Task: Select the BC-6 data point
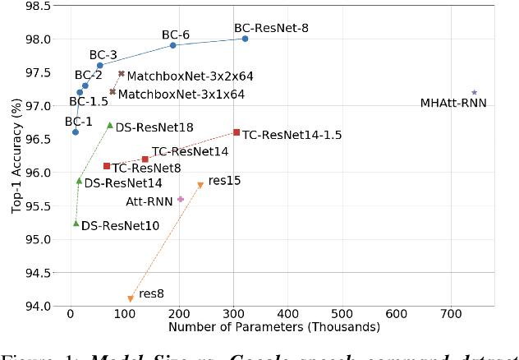[173, 45]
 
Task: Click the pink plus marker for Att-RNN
[181, 199]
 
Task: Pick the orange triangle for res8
[130, 299]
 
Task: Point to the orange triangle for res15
[200, 185]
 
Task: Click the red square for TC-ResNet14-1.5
[237, 132]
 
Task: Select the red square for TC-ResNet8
[106, 166]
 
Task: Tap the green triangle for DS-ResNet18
[110, 125]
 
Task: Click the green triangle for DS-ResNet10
[76, 223]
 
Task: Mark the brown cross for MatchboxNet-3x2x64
[122, 74]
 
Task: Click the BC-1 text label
[78, 122]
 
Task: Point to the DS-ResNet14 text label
[123, 183]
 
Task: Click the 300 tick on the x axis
[233, 315]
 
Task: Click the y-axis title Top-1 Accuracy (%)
[15, 156]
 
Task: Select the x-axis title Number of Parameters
[273, 327]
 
